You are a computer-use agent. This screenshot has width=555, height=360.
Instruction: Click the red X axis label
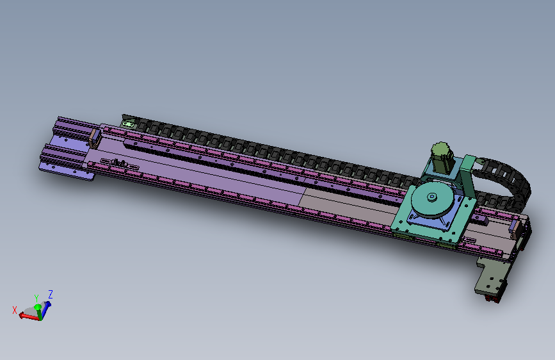click(15, 311)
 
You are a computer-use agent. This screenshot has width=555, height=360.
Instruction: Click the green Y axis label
click(36, 298)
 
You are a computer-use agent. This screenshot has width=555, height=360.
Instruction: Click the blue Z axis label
click(51, 295)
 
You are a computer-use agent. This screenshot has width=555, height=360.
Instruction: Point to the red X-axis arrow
click(29, 316)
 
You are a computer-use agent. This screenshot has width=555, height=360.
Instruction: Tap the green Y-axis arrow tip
click(37, 306)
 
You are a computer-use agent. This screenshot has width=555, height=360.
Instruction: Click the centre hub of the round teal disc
click(432, 197)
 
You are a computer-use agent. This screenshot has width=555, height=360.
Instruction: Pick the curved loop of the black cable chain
click(510, 177)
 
